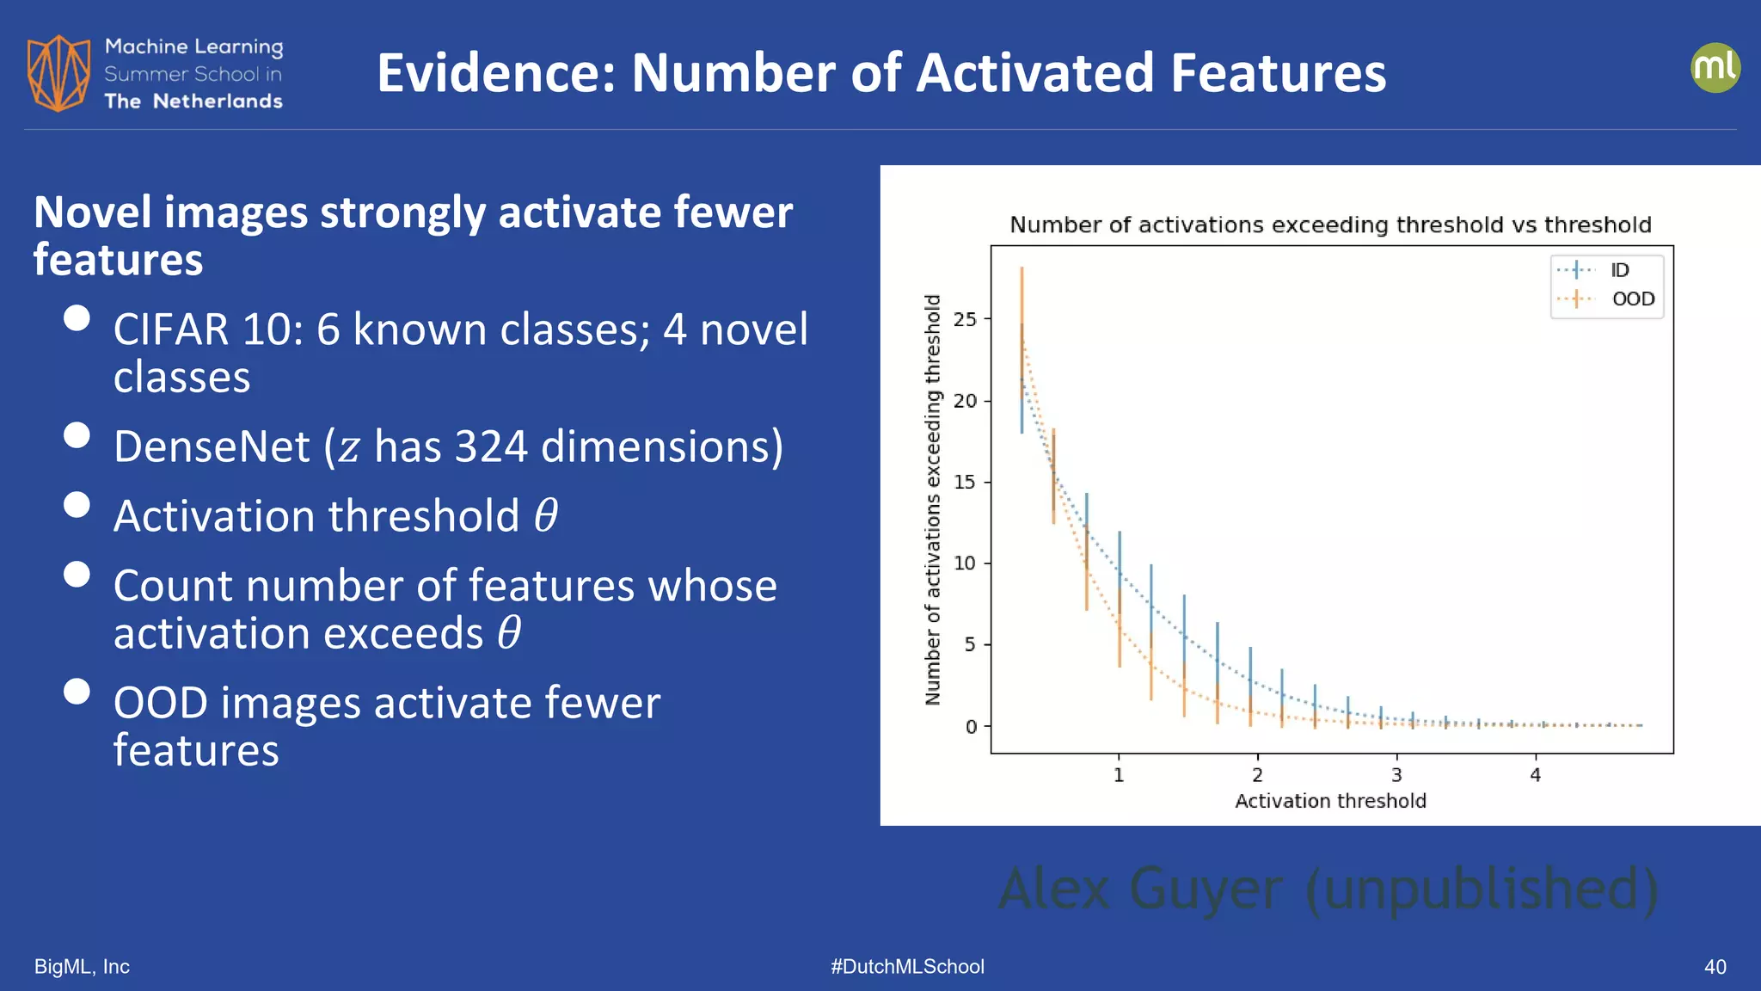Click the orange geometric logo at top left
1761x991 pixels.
click(x=58, y=73)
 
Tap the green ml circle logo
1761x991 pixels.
click(x=1715, y=68)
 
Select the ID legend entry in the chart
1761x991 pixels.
click(x=1619, y=270)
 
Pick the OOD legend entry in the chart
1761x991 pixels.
click(x=1632, y=299)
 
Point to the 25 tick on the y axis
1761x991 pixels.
click(x=966, y=319)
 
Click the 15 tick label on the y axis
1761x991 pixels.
click(x=966, y=482)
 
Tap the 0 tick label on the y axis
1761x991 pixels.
click(x=971, y=727)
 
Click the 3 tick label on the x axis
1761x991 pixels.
click(x=1396, y=775)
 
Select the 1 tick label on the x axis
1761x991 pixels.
click(x=1119, y=775)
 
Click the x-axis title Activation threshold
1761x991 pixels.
click(x=1330, y=801)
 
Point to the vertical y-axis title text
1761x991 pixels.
click(x=933, y=500)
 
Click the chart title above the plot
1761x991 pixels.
click(x=1330, y=225)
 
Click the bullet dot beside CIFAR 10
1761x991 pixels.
click(x=77, y=318)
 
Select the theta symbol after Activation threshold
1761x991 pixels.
click(x=546, y=515)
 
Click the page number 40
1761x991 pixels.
click(x=1715, y=967)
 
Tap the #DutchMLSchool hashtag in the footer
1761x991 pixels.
click(x=907, y=967)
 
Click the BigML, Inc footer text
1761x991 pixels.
click(x=82, y=967)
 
